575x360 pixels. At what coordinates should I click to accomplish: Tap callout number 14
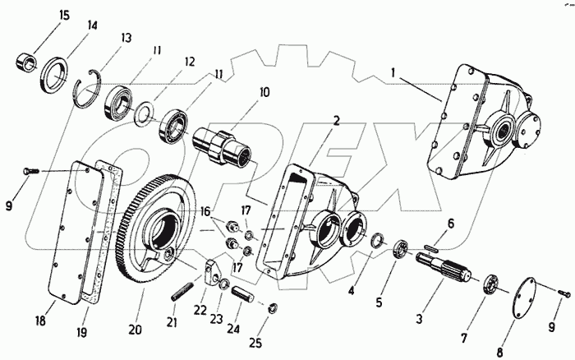pyautogui.click(x=93, y=25)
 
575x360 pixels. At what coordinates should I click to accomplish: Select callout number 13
pyautogui.click(x=126, y=38)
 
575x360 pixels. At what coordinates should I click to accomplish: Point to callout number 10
pyautogui.click(x=264, y=94)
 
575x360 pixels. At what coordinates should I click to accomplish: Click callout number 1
pyautogui.click(x=394, y=72)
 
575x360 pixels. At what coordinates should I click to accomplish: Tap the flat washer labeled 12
pyautogui.click(x=146, y=110)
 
